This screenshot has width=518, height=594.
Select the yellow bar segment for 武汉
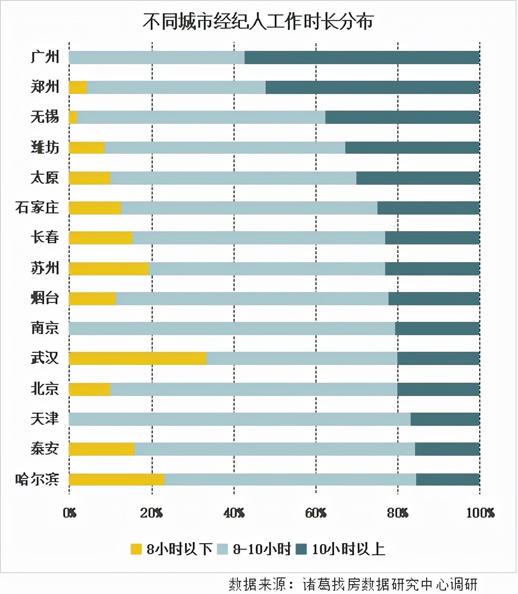point(137,358)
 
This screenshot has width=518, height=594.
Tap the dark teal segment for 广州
point(362,58)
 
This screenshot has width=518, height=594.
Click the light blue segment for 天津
point(240,419)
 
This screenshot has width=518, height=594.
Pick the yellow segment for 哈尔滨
point(116,480)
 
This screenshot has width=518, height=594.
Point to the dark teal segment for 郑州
point(372,87)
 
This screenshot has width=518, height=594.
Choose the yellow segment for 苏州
point(108,268)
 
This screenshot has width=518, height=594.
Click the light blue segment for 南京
point(232,329)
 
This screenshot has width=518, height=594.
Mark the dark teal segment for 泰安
point(447,449)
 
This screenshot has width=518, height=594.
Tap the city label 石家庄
point(37,208)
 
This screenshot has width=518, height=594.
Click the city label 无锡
point(45,117)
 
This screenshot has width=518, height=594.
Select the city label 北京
point(45,389)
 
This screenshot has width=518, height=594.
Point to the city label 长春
point(45,238)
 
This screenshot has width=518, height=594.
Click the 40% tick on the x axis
point(234,513)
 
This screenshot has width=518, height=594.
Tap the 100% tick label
point(480,513)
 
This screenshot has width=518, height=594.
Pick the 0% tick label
point(69,513)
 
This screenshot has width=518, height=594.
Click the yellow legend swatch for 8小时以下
point(136,549)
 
